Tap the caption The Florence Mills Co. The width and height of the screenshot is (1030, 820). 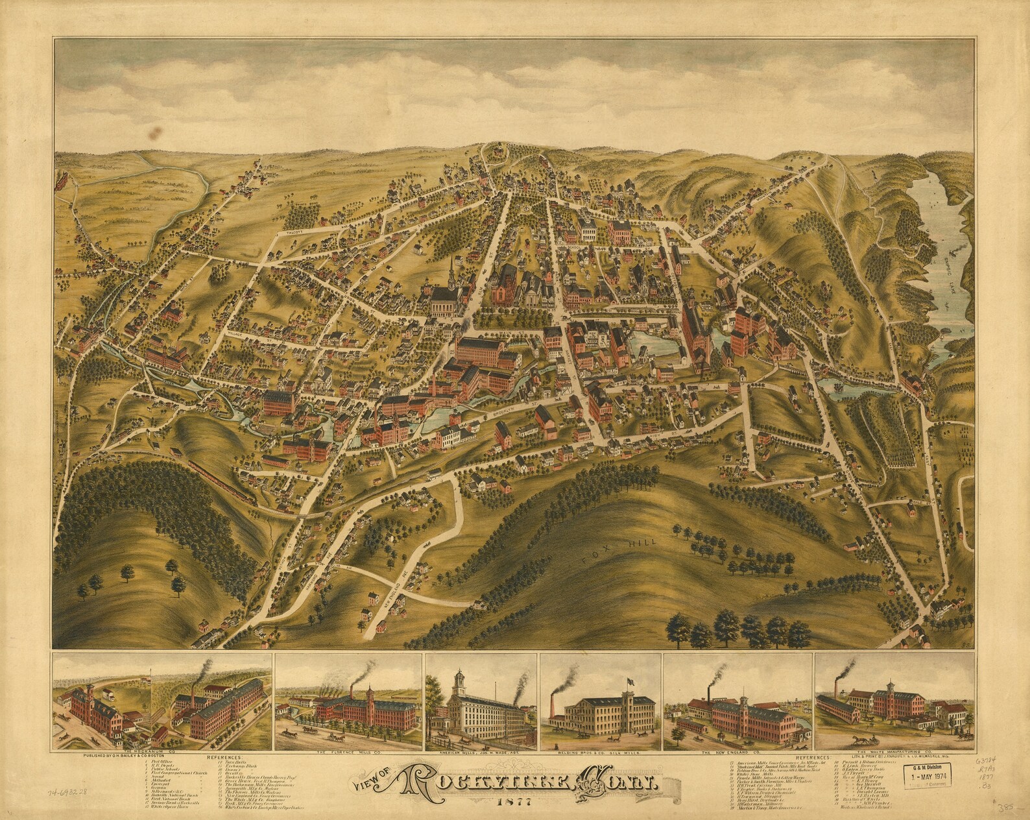pyautogui.click(x=348, y=753)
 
